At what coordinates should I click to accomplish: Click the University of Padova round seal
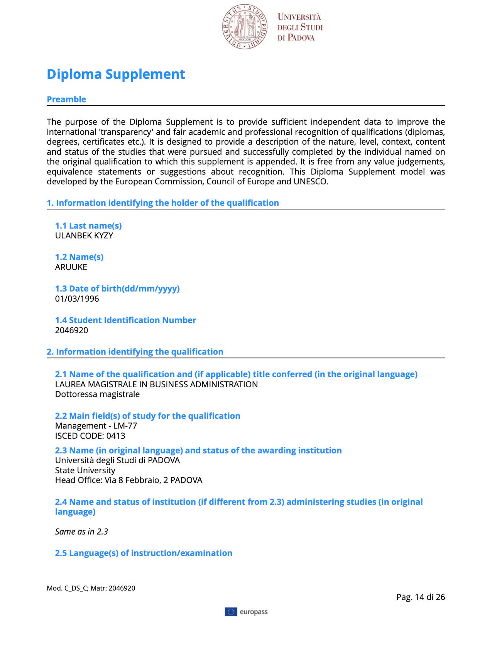click(x=245, y=27)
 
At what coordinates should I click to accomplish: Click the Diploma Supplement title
click(x=116, y=74)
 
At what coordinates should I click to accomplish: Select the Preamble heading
click(x=66, y=99)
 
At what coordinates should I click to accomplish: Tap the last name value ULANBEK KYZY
click(x=84, y=236)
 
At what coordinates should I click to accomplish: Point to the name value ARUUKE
click(x=71, y=267)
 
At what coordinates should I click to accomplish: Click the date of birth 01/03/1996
click(x=77, y=299)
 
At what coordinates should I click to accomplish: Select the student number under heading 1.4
click(x=71, y=330)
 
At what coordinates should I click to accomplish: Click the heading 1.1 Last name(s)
click(x=88, y=226)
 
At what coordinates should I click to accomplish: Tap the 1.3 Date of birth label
click(x=117, y=289)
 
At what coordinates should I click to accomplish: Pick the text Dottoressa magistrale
click(x=97, y=394)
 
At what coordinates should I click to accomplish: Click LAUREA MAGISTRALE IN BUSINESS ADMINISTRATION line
click(x=156, y=384)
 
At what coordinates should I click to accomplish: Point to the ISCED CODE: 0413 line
click(x=90, y=436)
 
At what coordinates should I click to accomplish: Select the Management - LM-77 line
click(x=96, y=426)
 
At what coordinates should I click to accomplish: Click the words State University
click(x=85, y=470)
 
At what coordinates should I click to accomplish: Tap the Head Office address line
click(x=128, y=480)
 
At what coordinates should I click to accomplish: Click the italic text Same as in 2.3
click(x=81, y=532)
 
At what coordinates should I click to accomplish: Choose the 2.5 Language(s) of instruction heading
click(x=144, y=553)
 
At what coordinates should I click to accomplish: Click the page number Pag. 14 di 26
click(x=420, y=597)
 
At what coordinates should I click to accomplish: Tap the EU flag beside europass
click(x=231, y=612)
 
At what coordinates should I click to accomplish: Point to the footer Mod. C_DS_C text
click(x=91, y=588)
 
